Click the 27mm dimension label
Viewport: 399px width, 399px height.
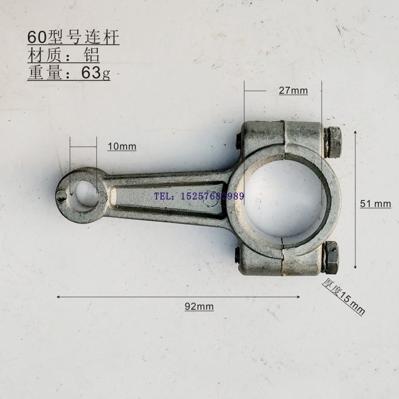293,91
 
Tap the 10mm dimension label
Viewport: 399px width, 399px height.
122,147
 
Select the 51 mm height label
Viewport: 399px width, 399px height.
376,204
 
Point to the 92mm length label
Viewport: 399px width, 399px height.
199,306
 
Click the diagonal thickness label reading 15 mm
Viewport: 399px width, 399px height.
343,297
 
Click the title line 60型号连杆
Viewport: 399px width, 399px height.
73,37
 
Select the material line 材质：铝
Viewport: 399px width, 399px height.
63,55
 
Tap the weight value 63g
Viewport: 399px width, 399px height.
96,73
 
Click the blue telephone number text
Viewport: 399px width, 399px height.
199,196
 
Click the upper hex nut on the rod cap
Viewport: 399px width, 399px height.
332,142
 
